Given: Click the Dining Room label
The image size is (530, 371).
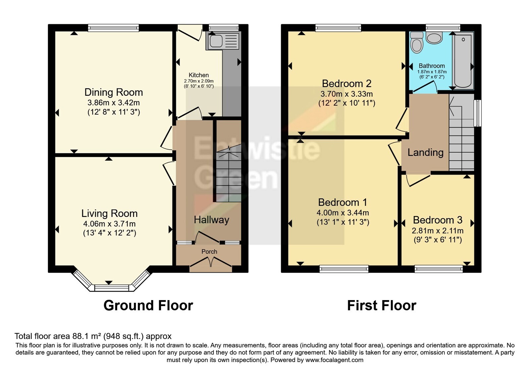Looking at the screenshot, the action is pos(114,92).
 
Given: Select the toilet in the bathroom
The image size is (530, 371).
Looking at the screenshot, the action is pos(417,43).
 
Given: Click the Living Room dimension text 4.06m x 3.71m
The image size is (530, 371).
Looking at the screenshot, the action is pos(109,224).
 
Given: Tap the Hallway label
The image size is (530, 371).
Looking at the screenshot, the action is pos(212,220).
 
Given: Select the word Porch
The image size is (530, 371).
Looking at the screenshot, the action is pos(209,251).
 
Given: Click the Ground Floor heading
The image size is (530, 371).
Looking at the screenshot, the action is pos(148,305).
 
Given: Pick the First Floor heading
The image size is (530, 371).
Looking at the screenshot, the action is pos(382,305).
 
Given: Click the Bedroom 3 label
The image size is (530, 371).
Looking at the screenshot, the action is pos(438,220).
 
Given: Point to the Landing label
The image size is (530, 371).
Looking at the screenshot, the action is pos(425,152).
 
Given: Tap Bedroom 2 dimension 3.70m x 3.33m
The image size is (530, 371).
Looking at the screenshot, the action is pos(346,94).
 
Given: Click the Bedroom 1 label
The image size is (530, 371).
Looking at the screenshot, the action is pos(343,202).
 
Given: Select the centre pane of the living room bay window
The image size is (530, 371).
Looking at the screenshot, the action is pos(112,288).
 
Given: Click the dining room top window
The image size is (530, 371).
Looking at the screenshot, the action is pos(114,28).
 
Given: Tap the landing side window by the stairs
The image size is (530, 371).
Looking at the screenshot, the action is pos(478,113).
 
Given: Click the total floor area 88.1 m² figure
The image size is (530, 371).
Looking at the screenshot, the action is pos(79,336).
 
